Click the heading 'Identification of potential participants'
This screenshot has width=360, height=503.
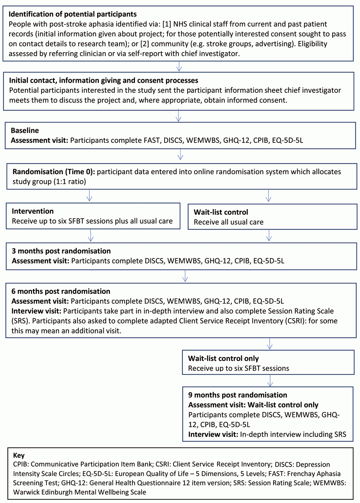pos(72,14)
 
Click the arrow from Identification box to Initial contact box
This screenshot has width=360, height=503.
pos(179,67)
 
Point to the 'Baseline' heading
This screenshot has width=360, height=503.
pos(25,130)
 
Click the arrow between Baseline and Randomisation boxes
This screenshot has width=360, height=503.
pos(180,154)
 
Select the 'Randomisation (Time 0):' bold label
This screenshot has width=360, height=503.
pos(54,172)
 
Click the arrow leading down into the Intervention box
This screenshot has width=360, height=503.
pos(90,196)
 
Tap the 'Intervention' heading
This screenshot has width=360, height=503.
pos(32,211)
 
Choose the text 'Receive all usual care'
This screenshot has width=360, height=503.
pos(228,222)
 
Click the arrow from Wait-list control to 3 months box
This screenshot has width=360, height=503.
pos(269,236)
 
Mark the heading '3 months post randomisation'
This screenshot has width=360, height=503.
pos(61,251)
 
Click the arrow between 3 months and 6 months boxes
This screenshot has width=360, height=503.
pos(185,276)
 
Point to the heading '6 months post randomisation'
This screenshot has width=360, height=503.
pos(61,291)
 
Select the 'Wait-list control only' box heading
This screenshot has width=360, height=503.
pos(223,358)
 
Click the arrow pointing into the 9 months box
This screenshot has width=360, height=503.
pos(270,381)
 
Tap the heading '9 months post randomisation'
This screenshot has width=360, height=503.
pos(238,395)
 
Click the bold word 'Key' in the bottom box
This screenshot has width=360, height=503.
pos(19,455)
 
